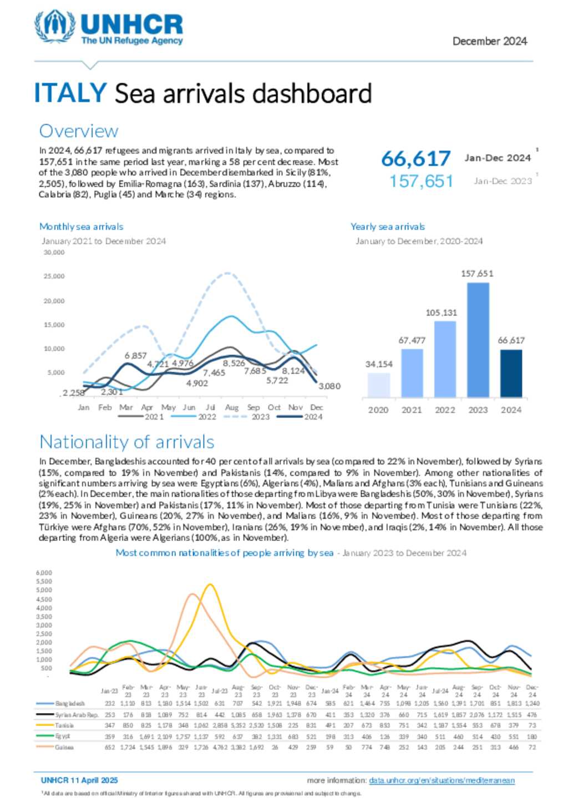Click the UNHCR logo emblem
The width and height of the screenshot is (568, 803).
coord(54,25)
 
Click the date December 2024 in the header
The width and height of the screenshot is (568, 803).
coord(489,41)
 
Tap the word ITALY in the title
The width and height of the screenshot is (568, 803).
coord(70,93)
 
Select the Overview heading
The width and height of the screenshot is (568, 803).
coord(78,131)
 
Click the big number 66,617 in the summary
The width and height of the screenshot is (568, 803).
coord(415,159)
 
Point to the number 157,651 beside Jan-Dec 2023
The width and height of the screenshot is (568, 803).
coord(421,181)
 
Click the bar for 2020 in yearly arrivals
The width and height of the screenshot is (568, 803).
coord(378,385)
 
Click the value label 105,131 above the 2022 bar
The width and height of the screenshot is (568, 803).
coord(442,313)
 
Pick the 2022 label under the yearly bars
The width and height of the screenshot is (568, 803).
coord(445,410)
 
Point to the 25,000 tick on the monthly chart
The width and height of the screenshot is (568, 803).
coord(54,276)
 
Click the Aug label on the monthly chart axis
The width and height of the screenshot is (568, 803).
coord(232,407)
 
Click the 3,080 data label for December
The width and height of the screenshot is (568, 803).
coord(329,386)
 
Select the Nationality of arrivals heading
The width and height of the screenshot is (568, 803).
coord(126,442)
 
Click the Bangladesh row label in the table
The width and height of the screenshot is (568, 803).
coord(69,704)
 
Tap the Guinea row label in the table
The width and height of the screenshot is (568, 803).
coord(64,747)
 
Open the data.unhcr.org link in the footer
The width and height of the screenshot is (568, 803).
coord(442,780)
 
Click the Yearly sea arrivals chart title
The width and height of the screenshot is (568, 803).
coord(387,227)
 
